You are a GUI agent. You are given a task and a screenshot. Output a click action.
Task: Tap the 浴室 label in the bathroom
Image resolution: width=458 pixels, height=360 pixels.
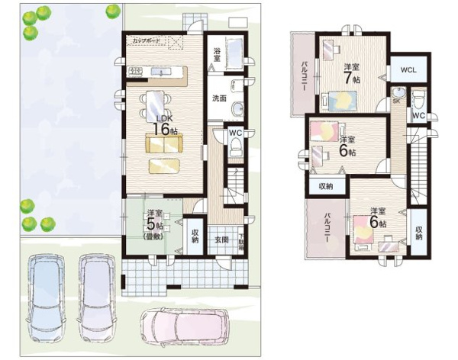(218, 54)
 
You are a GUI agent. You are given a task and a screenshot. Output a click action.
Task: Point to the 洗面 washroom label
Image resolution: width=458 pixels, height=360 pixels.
(218, 98)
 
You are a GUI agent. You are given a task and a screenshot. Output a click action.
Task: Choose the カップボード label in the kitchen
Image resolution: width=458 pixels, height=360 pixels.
(147, 40)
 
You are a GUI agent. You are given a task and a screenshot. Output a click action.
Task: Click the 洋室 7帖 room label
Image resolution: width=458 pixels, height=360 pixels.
(351, 71)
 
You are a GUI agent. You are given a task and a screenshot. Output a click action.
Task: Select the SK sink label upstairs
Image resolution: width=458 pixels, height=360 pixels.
(396, 101)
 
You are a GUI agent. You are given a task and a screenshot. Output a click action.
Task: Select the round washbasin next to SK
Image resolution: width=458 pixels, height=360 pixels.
(400, 92)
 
